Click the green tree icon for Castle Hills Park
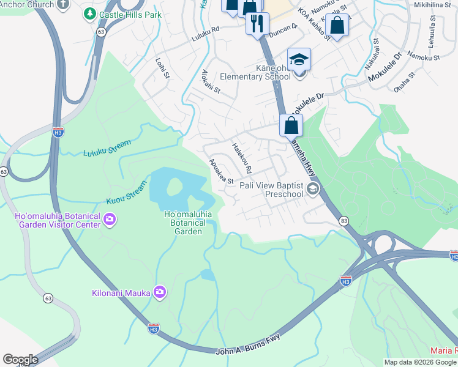[89, 13]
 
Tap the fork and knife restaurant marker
[256, 24]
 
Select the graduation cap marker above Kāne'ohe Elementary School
[299, 59]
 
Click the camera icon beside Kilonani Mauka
[160, 292]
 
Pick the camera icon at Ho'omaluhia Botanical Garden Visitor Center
[110, 219]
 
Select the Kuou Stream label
[127, 192]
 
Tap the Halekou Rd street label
[242, 157]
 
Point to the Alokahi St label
[211, 82]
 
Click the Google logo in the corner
[20, 359]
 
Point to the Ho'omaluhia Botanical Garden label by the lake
[188, 223]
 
